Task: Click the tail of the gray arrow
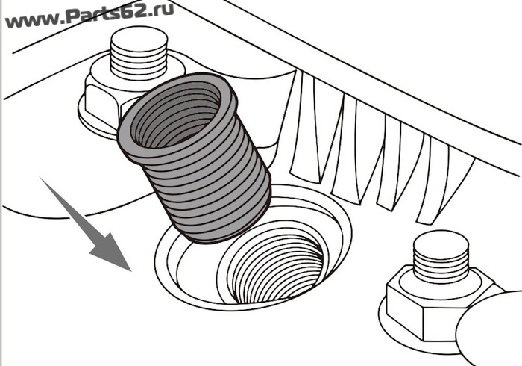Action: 40,178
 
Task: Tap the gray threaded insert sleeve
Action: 195,158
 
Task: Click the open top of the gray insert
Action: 176,114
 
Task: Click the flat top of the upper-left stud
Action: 139,40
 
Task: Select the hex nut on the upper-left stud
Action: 100,100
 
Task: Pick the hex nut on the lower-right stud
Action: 430,307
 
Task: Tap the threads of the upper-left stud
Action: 139,65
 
